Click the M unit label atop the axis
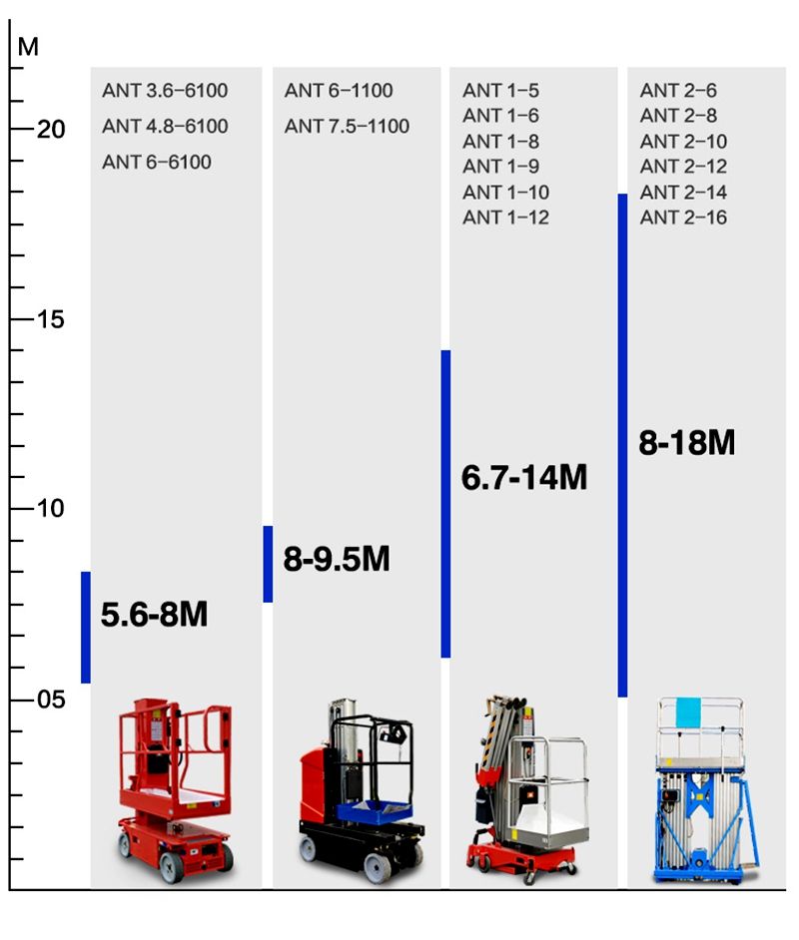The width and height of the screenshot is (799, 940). [28, 47]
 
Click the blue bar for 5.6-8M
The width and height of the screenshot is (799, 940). [86, 627]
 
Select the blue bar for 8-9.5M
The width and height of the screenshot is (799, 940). [268, 564]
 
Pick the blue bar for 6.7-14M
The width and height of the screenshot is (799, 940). [446, 504]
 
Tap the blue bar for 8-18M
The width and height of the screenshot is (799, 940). [622, 445]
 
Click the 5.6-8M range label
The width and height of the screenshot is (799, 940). [154, 615]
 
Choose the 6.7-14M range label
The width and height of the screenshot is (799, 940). [524, 478]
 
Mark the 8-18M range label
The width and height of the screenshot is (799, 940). [687, 442]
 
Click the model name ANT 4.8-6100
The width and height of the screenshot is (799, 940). [165, 127]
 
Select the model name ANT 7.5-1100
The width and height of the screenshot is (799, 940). [347, 127]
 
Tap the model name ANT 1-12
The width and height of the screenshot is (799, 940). [505, 218]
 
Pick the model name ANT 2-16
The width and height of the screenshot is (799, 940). [683, 218]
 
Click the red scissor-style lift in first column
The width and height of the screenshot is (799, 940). [175, 788]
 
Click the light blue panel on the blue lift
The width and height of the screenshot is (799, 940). [689, 712]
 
